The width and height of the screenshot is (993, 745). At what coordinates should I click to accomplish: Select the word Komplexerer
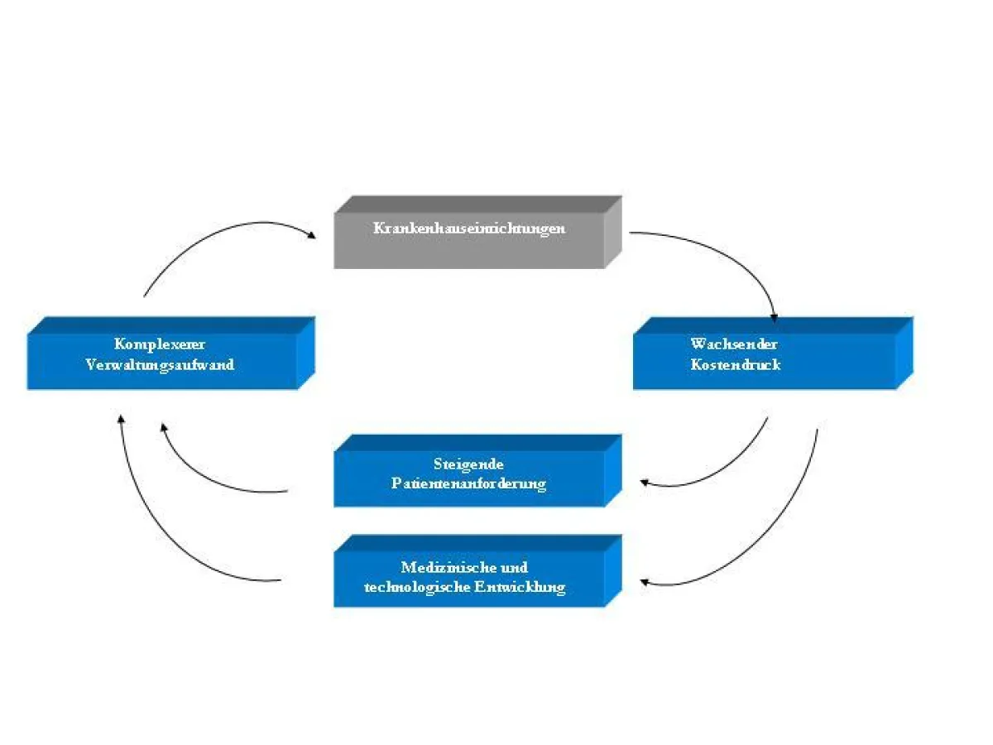point(160,344)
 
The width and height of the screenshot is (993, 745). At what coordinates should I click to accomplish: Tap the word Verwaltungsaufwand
point(160,365)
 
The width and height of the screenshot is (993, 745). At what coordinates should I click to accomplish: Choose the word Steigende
point(468,464)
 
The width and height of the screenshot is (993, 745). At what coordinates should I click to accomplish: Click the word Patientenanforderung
point(468,483)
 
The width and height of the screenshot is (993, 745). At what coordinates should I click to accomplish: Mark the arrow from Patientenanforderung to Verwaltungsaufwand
point(207,476)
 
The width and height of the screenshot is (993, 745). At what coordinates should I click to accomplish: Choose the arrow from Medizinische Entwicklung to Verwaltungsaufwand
point(157,538)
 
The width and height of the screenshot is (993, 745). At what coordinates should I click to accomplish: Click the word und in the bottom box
point(515,568)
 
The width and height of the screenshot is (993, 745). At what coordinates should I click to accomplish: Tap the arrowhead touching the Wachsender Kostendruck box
point(774,316)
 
